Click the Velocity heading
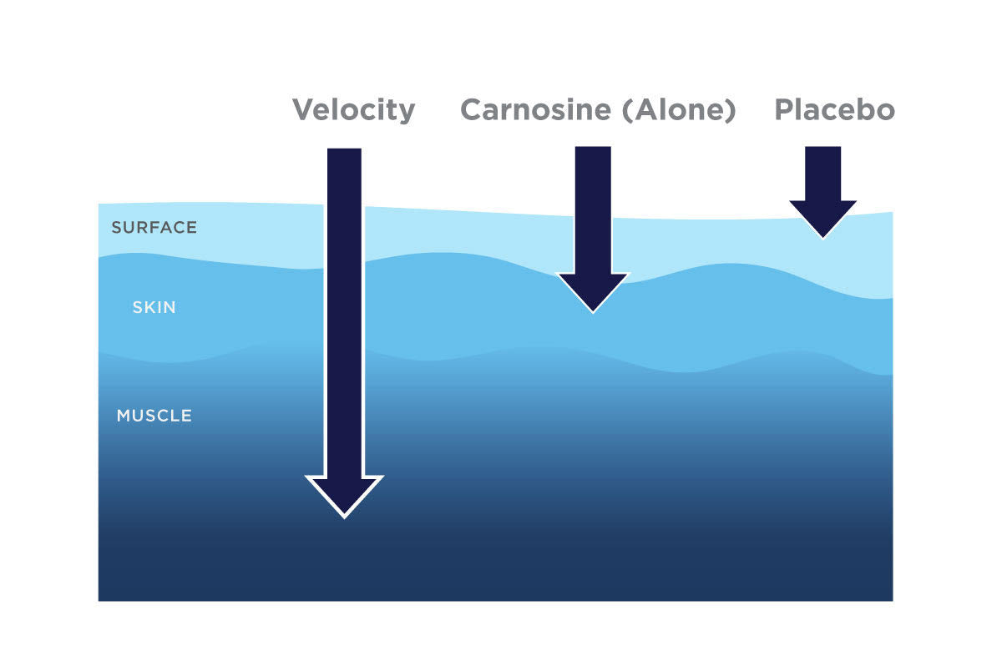pos(353,109)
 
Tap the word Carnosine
pos(536,109)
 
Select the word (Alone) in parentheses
pos(679,109)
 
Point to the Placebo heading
pos(834,109)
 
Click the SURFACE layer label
pos(154,227)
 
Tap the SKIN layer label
pos(154,307)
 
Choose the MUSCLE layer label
pos(154,415)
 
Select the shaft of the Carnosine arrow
pos(593,209)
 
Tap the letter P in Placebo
pos(784,109)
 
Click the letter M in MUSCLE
pos(124,415)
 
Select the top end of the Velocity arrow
pos(344,152)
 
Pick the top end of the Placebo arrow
pos(823,149)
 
